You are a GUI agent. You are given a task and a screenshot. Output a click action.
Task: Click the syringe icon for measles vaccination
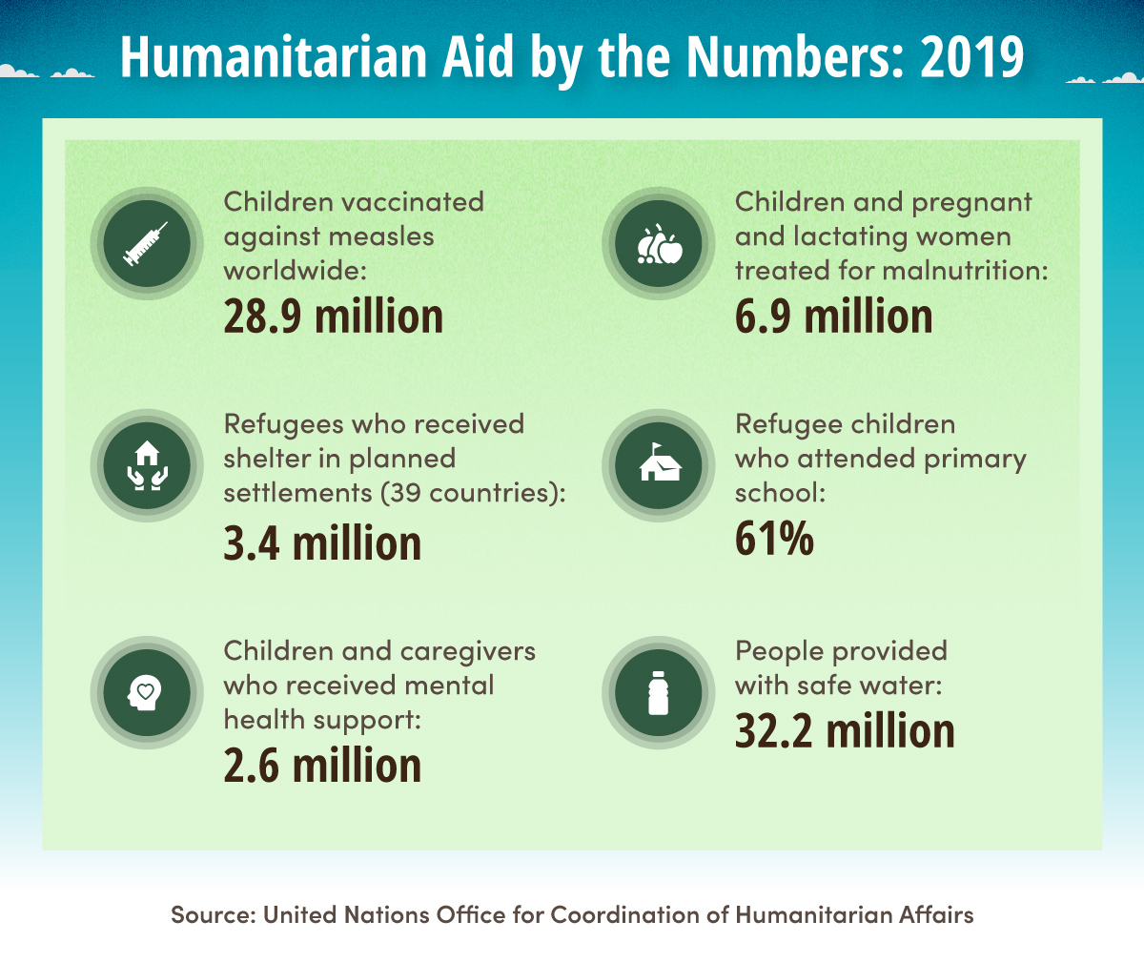(x=146, y=243)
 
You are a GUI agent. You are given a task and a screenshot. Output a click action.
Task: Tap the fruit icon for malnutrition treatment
(x=659, y=244)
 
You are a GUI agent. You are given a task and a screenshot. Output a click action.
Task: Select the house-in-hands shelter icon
(x=146, y=465)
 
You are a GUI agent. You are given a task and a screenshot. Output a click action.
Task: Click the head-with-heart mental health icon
(x=146, y=692)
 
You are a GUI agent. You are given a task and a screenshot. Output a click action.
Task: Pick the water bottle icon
(x=659, y=692)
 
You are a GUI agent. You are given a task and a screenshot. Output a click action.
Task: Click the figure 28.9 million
(x=333, y=317)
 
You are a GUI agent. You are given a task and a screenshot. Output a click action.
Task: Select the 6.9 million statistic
(x=833, y=317)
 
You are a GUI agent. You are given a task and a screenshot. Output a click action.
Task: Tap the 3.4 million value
(x=322, y=543)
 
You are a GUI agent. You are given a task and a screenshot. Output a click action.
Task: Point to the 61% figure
(x=774, y=539)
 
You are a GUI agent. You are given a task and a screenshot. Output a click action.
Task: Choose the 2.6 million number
(x=322, y=766)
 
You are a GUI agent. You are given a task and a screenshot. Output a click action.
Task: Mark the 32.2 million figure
(x=845, y=731)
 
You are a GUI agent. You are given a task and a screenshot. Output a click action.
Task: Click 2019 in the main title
(x=971, y=57)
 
